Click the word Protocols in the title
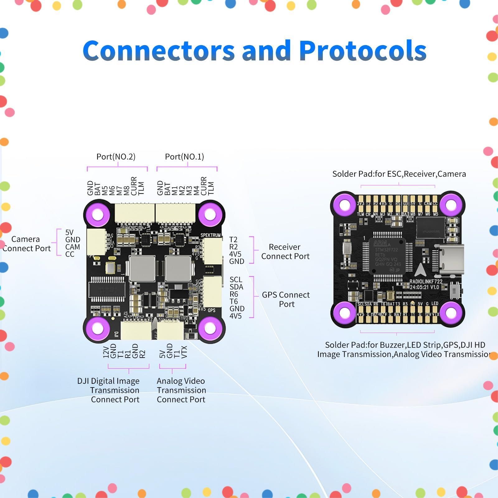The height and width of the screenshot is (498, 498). point(363,51)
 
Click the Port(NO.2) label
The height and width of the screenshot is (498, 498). point(116,157)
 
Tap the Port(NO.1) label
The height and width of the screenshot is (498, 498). point(184,157)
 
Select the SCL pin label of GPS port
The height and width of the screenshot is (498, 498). point(236,280)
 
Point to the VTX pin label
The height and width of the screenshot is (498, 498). point(184,352)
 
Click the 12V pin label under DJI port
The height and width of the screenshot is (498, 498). point(106,352)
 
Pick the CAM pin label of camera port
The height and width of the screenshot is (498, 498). point(73,247)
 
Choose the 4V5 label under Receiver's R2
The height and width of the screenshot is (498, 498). point(235,254)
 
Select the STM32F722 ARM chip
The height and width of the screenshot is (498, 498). point(387,256)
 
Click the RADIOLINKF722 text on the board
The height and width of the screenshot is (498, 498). point(425,281)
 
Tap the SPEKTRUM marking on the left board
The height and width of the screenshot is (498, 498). point(210,235)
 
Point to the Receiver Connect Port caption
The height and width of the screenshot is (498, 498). point(285,251)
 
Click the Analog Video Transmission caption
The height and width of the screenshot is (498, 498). point(181,390)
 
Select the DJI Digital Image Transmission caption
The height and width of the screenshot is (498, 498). point(109,390)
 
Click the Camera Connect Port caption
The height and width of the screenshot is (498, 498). point(26,244)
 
